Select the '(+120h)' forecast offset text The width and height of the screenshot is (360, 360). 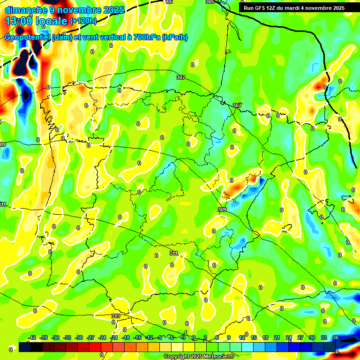pyautogui.click(x=83, y=21)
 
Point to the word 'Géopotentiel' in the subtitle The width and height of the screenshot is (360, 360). pyautogui.click(x=27, y=37)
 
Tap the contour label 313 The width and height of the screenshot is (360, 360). pyautogui.click(x=116, y=316)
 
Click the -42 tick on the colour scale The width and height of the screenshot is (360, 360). pyautogui.click(x=32, y=337)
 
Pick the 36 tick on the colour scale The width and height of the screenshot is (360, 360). pyautogui.click(x=336, y=337)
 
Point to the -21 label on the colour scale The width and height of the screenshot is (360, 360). pyautogui.click(x=114, y=337)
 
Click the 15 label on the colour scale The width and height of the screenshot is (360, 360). pyautogui.click(x=254, y=337)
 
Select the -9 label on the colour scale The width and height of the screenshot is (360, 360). pyautogui.click(x=160, y=337)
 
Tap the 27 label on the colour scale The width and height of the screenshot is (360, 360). pyautogui.click(x=300, y=337)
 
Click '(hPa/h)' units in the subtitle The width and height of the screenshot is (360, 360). pyautogui.click(x=174, y=37)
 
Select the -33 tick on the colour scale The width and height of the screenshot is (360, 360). pyautogui.click(x=67, y=337)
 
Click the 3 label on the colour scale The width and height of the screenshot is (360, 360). pyautogui.click(x=205, y=337)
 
